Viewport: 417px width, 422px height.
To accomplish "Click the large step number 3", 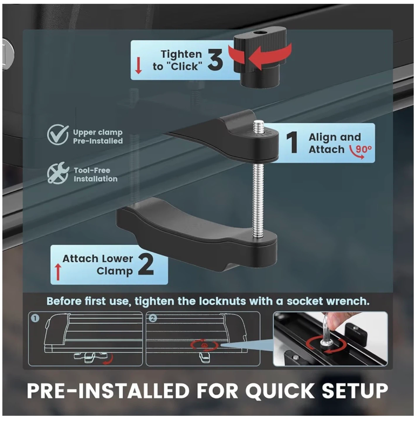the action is point(215,59).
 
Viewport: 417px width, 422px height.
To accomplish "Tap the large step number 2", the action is point(146,264).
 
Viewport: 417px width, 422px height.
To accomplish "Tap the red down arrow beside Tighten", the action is point(138,65).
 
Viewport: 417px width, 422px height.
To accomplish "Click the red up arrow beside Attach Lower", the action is point(58,272).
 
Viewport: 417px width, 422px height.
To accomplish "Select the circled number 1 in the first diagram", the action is point(35,318).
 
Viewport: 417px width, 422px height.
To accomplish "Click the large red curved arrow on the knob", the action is point(260,56).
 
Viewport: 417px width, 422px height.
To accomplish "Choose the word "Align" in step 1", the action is point(321,137).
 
